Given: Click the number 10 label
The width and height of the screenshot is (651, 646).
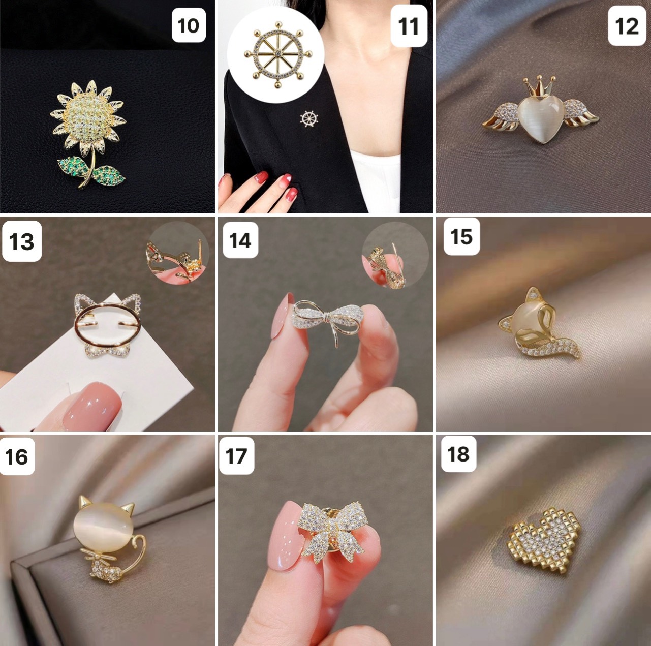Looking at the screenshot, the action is [x=189, y=25].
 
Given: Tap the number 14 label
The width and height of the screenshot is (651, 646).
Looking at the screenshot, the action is [x=240, y=240].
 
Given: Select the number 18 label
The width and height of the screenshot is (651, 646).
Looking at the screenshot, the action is [x=458, y=454].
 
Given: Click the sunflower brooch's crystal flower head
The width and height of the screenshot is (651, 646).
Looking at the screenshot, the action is [x=88, y=117].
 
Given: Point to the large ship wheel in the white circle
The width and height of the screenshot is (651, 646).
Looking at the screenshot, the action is [x=277, y=54].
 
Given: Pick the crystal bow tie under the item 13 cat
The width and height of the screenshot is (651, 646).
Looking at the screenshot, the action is [x=106, y=349].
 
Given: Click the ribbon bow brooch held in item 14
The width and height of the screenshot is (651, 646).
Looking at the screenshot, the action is [x=328, y=318].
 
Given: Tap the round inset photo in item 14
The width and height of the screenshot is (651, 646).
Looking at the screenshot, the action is [x=395, y=256].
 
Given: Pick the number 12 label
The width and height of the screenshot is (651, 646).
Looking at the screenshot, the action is [x=627, y=26].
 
